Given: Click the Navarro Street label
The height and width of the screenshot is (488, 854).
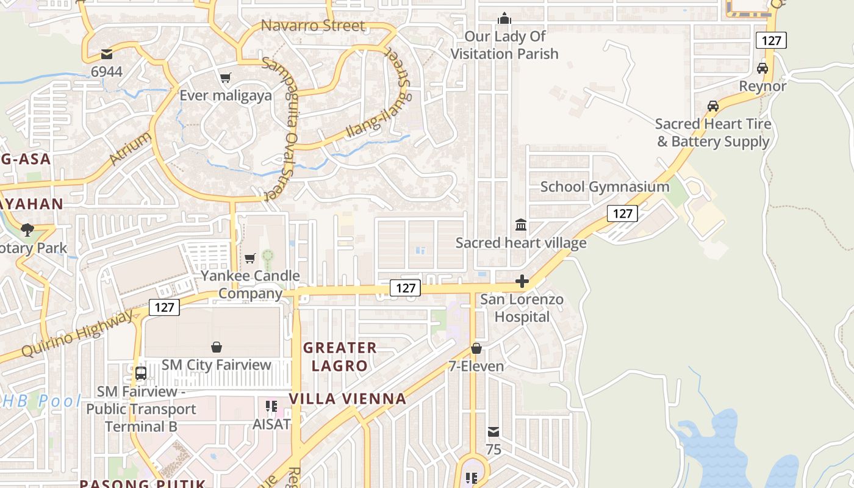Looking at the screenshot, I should tap(313, 26).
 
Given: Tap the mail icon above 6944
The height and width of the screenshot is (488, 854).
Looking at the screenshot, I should tap(107, 54).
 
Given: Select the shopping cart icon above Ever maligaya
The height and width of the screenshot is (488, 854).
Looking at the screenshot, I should tap(226, 77).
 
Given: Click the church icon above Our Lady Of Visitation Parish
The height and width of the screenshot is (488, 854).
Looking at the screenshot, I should tap(504, 18).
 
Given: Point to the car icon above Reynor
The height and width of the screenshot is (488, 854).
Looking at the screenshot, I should tap(762, 68).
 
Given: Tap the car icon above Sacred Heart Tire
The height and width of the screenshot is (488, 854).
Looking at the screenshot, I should tap(712, 106).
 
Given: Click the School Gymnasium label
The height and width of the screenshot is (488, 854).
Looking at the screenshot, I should tap(605, 187).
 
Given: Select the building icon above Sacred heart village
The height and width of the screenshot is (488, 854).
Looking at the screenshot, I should tap(521, 225).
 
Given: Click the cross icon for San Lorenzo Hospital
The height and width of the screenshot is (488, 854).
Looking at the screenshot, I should tap(522, 281).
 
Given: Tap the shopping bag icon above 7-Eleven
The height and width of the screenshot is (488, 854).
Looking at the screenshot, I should tap(476, 348).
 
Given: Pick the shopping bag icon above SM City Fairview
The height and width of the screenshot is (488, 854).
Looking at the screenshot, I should tap(216, 347).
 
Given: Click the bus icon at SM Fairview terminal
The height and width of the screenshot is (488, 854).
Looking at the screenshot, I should tap(141, 373).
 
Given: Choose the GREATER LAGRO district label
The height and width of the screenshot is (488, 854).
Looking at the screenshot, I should tap(340, 357).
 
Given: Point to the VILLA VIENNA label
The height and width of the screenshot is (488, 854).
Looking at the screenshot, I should tap(347, 399).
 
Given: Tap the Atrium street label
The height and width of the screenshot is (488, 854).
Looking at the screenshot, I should tap(131, 148).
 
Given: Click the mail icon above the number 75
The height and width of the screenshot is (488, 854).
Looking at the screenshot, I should tap(493, 432).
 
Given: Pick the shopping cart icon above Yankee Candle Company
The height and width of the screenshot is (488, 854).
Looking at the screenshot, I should tap(249, 258).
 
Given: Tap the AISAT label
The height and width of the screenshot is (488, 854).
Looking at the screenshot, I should tap(271, 424).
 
